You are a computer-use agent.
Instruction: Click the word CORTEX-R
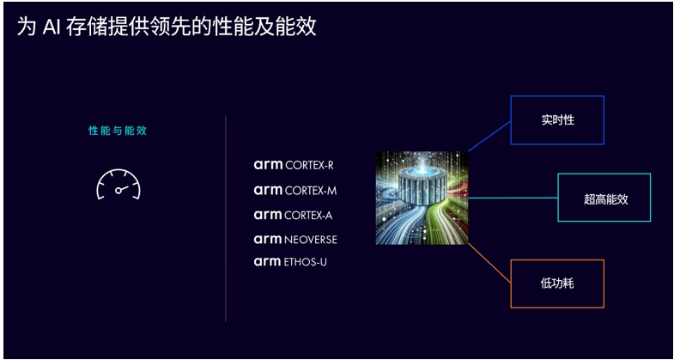tap(309, 164)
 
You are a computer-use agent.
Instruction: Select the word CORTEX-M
tap(310, 190)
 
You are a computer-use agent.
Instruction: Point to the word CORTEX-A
tap(308, 215)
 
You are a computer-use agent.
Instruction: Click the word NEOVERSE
tap(311, 240)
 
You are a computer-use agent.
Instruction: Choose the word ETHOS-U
tap(305, 262)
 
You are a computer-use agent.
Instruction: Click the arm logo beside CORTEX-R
tap(267, 164)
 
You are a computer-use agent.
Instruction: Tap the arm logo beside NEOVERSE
tap(267, 240)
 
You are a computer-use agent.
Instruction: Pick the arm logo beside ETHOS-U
tap(267, 262)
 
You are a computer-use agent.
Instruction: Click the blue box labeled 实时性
tap(557, 120)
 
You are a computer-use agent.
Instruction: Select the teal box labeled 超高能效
tap(604, 198)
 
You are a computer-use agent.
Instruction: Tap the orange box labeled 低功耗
tap(557, 284)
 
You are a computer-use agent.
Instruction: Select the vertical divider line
tap(226, 218)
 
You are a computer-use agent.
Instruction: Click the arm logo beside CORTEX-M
tap(267, 190)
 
